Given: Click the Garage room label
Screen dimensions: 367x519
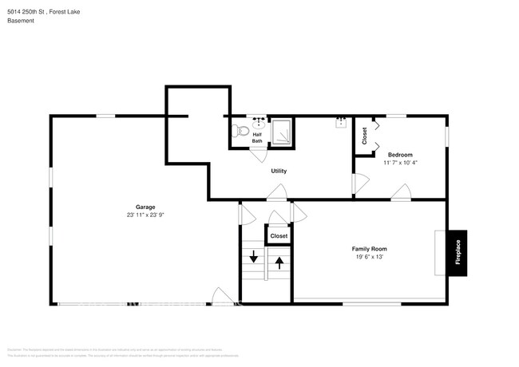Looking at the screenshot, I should (145, 207).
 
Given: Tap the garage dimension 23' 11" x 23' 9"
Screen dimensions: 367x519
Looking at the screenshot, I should (145, 215).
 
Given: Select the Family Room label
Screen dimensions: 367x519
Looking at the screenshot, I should (370, 249).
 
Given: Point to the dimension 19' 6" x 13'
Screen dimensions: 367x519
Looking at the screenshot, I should (370, 257).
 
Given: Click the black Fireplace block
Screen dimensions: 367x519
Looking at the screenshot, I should (458, 253).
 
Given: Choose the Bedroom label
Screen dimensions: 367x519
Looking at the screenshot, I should (400, 154).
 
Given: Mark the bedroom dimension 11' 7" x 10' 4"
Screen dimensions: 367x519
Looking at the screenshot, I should (400, 163).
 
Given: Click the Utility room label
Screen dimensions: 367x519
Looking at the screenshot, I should (279, 171).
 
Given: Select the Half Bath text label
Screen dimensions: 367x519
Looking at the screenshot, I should (257, 137).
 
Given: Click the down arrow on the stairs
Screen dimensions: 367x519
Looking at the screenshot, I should (254, 257).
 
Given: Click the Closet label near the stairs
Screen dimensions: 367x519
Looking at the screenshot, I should (279, 236).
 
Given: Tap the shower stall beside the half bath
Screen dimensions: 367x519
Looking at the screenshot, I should (282, 132).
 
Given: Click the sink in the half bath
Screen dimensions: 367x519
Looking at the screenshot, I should (258, 123).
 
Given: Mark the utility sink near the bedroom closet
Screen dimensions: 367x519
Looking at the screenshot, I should (341, 122).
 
